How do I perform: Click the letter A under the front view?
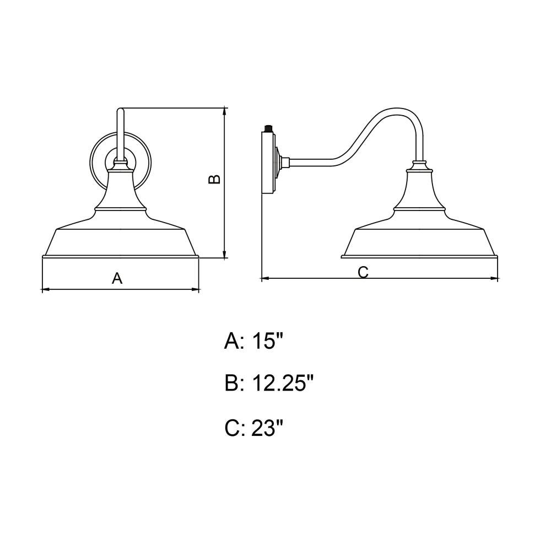pos(117,278)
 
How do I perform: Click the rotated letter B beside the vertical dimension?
pos(214,179)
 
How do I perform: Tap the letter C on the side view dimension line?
pos(363,272)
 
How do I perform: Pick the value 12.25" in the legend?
pos(282,383)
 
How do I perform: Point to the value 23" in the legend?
pos(267,428)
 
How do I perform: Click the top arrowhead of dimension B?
pos(225,112)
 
